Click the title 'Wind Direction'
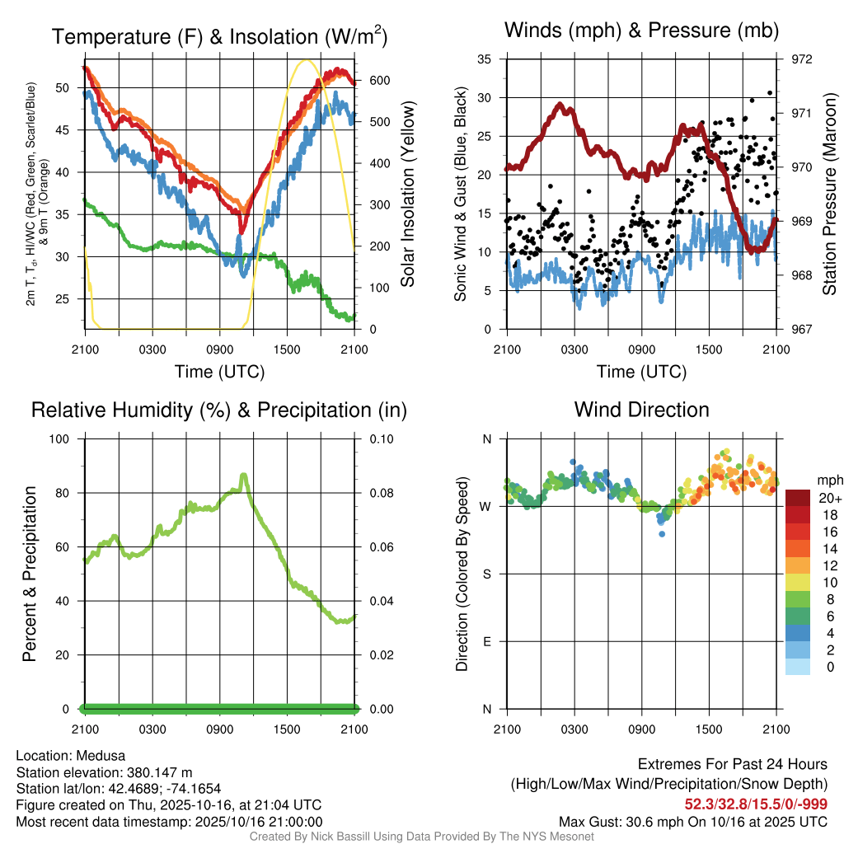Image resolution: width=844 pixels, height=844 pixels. pyautogui.click(x=641, y=410)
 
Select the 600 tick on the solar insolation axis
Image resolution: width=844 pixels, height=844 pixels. pyautogui.click(x=368, y=80)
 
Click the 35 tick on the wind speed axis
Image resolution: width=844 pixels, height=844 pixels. pyautogui.click(x=485, y=59)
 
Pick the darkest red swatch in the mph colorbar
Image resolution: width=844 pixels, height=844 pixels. pyautogui.click(x=799, y=498)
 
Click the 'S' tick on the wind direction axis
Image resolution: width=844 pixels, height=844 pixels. pyautogui.click(x=486, y=574)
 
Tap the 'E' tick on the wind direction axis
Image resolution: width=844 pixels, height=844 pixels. pyautogui.click(x=486, y=641)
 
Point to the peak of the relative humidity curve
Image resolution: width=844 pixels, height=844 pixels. pyautogui.click(x=243, y=475)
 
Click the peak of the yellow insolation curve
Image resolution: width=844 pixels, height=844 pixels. pyautogui.click(x=307, y=60)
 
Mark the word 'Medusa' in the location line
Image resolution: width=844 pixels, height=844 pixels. pyautogui.click(x=103, y=756)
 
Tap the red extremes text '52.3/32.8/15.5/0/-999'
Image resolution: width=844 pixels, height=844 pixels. pyautogui.click(x=756, y=804)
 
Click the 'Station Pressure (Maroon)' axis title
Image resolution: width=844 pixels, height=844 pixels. pyautogui.click(x=830, y=193)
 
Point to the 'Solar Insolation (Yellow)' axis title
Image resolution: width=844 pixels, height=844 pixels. pyautogui.click(x=407, y=195)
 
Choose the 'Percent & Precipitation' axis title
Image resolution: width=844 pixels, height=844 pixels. pyautogui.click(x=30, y=574)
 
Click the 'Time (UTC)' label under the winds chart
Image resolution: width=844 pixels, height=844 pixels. pyautogui.click(x=641, y=372)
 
